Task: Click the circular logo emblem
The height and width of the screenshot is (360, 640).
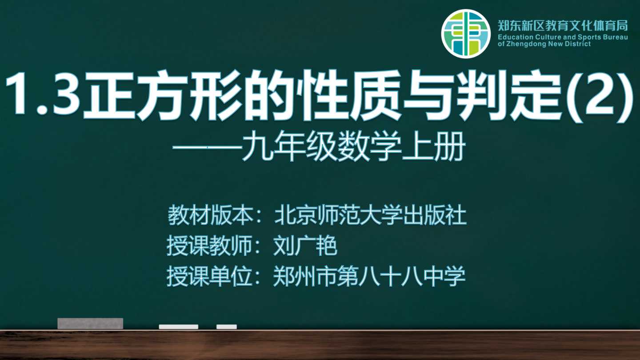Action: [x=466, y=34]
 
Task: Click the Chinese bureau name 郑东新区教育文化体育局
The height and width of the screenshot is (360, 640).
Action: [x=563, y=25]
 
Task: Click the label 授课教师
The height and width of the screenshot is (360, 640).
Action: [x=209, y=245]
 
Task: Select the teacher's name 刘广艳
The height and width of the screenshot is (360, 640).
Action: [x=305, y=245]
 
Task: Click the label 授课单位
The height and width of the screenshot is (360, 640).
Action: [x=209, y=276]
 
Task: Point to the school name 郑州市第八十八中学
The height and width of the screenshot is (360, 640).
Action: [x=369, y=276]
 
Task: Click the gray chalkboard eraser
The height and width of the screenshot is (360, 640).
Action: [x=90, y=324]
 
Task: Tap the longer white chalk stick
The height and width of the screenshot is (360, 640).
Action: [x=179, y=327]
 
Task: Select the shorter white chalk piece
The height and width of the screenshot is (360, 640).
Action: [x=227, y=327]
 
